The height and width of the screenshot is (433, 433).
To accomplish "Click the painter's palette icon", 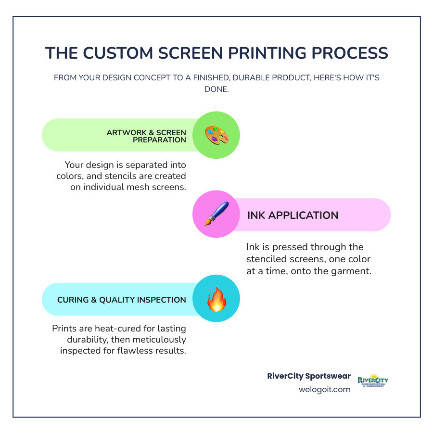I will coord(216,136).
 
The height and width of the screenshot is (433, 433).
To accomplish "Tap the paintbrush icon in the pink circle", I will coord(216,214).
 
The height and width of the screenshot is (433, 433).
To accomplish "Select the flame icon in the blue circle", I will coord(216,299).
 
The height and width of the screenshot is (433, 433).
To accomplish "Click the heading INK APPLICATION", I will coord(293,215).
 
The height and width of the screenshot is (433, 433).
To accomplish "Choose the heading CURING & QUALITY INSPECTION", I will coord(121,300).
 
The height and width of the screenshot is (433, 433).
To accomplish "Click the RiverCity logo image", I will coord(373,382).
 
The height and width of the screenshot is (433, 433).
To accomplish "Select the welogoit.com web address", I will coord(324,389).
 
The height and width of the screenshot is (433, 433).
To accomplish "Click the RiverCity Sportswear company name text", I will coord(309,376).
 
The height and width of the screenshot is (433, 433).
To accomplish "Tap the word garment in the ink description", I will coord(349,270).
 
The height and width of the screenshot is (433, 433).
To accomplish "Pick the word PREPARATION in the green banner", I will coord(160,140).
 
